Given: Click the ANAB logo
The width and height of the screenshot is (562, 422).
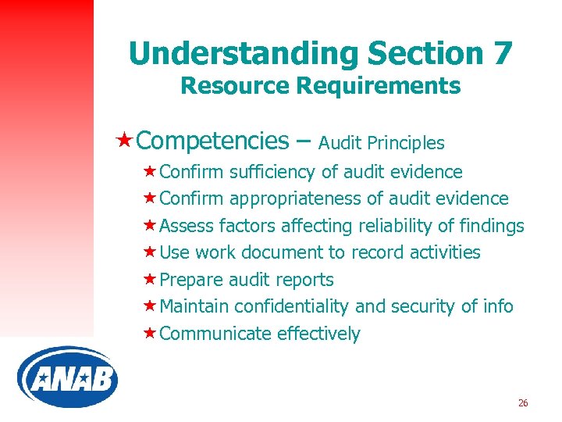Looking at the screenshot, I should coord(67,377).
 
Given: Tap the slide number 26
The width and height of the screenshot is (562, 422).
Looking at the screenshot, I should coord(523,403).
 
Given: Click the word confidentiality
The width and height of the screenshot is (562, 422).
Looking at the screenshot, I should coord(299,306).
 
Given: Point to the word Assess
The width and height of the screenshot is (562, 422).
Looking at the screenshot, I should coord(187,226).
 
